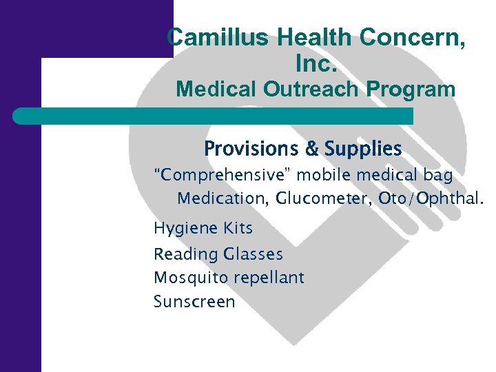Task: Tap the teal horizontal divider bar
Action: click(x=214, y=116)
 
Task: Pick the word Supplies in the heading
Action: click(x=362, y=149)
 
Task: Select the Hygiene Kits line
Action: click(x=203, y=228)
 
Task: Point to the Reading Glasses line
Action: click(x=218, y=254)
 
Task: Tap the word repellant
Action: click(x=269, y=278)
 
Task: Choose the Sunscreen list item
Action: click(x=194, y=302)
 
